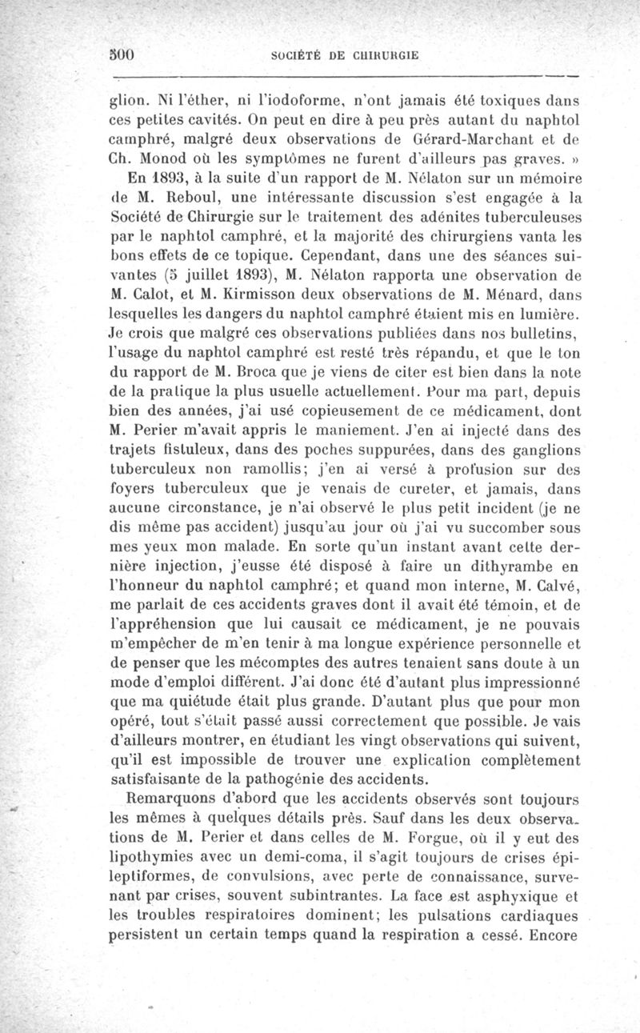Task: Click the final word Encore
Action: pyautogui.click(x=558, y=934)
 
